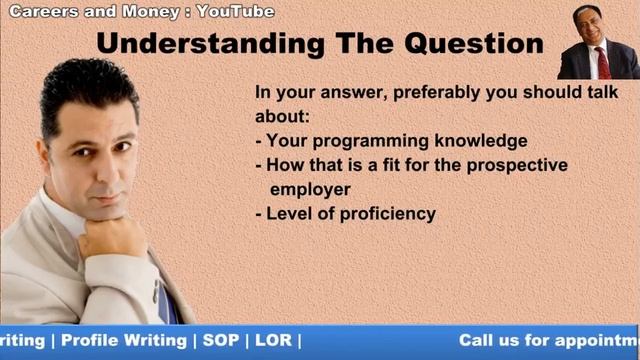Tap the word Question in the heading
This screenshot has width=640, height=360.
471,45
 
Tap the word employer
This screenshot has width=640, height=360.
310,188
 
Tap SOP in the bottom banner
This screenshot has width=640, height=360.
221,340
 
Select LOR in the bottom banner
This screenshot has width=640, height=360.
273,340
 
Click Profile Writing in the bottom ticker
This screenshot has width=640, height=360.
124,340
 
